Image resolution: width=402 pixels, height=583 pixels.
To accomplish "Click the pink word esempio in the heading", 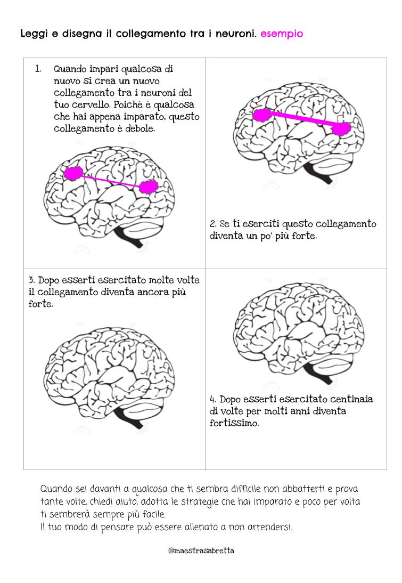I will [282, 34].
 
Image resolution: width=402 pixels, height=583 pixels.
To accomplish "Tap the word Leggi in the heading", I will [31, 34].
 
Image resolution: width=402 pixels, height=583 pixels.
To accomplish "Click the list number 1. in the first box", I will [38, 69].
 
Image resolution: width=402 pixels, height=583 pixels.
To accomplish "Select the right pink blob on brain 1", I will [149, 186].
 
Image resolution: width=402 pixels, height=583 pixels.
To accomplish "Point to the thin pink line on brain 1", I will [111, 180].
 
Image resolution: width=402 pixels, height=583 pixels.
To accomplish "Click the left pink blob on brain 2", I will [261, 115].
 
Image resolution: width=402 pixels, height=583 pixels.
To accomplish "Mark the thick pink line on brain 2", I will [302, 121].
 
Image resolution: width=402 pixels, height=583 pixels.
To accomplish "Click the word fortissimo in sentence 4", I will [234, 424].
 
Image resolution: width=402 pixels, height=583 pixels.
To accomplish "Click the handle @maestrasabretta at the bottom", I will [201, 550].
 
